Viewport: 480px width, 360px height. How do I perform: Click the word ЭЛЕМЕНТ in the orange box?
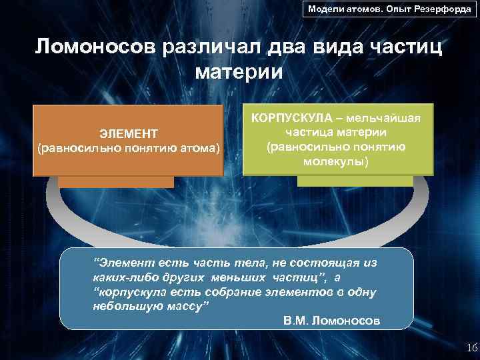coord(129,134)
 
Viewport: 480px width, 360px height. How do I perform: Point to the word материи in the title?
coord(239,71)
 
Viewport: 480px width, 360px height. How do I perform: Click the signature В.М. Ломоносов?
coord(331,321)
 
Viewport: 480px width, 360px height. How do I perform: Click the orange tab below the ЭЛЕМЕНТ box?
coord(115,181)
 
